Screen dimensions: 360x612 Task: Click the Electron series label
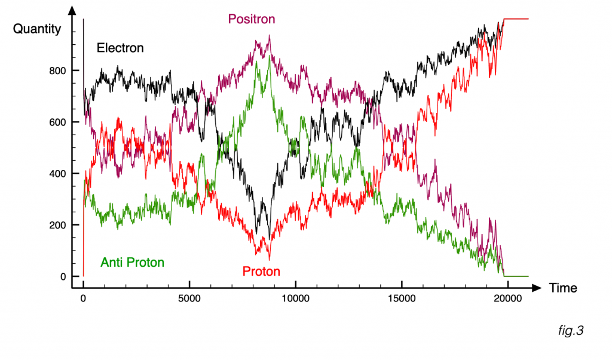(x=120, y=48)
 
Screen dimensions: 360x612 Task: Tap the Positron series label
(x=251, y=19)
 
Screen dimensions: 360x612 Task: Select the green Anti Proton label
(x=132, y=262)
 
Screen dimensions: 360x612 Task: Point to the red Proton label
(x=261, y=271)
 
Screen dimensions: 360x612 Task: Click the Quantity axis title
(x=37, y=29)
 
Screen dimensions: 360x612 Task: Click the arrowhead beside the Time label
(x=537, y=288)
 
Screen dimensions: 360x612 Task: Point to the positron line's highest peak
(x=270, y=36)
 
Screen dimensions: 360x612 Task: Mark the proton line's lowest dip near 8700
(x=269, y=260)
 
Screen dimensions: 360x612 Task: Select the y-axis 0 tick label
(x=60, y=276)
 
